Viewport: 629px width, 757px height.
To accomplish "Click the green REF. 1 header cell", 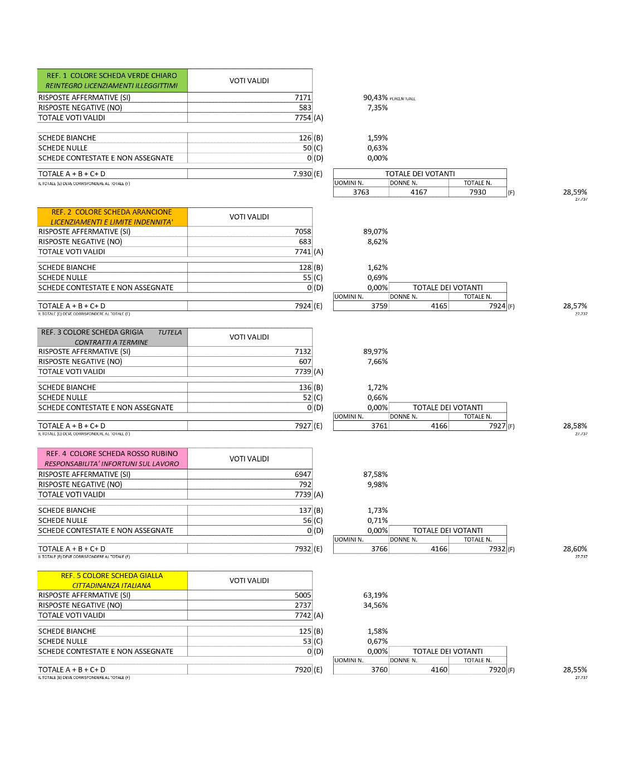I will click(x=112, y=81).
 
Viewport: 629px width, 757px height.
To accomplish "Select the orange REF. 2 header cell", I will click(x=112, y=217).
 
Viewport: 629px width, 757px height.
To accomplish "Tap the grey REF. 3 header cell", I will click(x=112, y=337).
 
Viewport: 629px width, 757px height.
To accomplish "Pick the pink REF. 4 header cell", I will click(x=112, y=459).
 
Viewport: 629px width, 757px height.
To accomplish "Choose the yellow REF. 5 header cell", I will click(x=112, y=580).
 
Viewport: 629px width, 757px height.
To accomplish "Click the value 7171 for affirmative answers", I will click(x=303, y=98).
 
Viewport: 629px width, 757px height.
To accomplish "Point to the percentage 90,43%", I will click(x=375, y=98).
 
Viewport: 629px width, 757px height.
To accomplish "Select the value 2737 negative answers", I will click(x=303, y=605).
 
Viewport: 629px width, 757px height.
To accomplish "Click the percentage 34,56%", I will click(x=375, y=605).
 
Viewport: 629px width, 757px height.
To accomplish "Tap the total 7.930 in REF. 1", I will click(x=302, y=174).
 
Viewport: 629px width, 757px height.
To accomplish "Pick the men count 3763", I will click(x=361, y=192).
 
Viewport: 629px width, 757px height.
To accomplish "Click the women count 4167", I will click(x=419, y=192).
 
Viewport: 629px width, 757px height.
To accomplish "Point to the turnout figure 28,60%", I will click(x=574, y=549).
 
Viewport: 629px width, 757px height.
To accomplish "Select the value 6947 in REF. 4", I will click(x=303, y=474).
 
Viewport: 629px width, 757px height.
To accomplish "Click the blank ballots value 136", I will click(x=305, y=387).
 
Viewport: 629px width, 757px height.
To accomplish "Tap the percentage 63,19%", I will click(x=375, y=595).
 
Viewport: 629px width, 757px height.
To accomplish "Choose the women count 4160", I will click(x=439, y=670).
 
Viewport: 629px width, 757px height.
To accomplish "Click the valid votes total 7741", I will click(x=303, y=252).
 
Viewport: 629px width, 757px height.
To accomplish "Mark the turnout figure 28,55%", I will click(x=574, y=670).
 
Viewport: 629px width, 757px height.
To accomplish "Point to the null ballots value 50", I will click(x=307, y=148).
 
